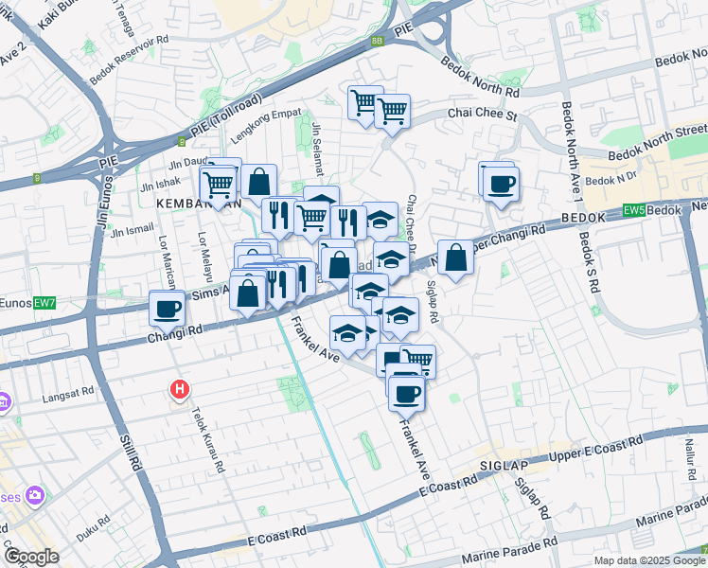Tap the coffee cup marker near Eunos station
[x=168, y=308]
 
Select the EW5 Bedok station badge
[x=632, y=212]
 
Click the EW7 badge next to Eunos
[x=44, y=303]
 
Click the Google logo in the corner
[x=32, y=557]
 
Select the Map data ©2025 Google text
[x=649, y=560]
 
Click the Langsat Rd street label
[x=69, y=391]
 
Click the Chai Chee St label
[x=480, y=115]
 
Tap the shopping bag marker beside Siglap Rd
[x=455, y=257]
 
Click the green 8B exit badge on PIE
[x=378, y=41]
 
